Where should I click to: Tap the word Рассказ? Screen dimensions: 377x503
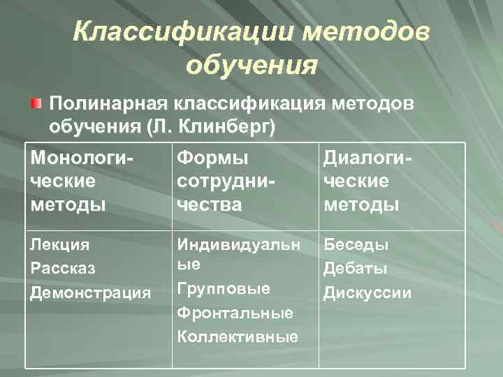coord(62,269)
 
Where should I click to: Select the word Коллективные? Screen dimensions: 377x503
coord(238,337)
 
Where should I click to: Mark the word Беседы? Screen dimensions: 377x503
coord(356,245)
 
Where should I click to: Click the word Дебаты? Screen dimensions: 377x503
coord(355,269)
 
